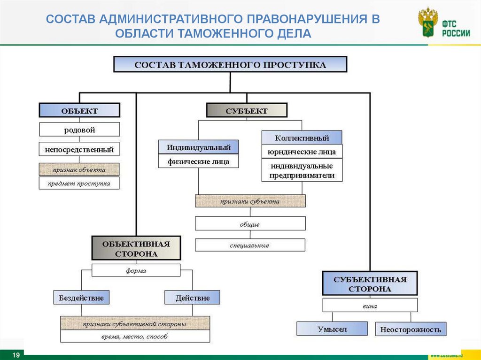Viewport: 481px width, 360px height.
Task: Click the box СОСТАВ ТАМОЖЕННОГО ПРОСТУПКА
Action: [230, 64]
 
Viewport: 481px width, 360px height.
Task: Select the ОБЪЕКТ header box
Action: [79, 111]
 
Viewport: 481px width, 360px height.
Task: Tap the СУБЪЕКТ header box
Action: [247, 111]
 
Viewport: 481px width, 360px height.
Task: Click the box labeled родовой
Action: [79, 130]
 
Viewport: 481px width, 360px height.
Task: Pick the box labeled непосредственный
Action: [79, 150]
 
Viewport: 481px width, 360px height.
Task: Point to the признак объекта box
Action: [79, 169]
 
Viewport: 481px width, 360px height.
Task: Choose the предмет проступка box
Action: [79, 183]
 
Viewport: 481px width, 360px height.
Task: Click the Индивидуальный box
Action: [198, 147]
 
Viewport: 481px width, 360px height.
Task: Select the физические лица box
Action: [198, 161]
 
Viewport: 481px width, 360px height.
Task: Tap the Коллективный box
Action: [302, 138]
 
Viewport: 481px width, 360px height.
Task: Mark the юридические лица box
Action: [302, 152]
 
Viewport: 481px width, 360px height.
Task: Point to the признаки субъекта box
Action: [250, 201]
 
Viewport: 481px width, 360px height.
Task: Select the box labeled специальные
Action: [250, 245]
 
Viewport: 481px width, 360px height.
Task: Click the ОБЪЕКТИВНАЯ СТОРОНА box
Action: [136, 248]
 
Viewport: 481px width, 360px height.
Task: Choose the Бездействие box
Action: [81, 298]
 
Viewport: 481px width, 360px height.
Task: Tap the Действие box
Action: [192, 298]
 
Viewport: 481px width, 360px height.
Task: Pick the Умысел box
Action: [332, 329]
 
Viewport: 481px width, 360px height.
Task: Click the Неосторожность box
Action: [411, 329]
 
